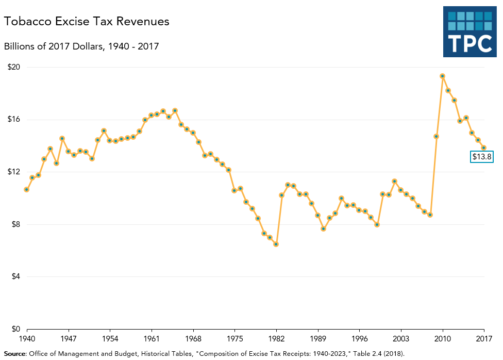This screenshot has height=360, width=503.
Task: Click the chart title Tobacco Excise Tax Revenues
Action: (87, 22)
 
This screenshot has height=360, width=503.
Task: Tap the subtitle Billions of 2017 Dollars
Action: (81, 46)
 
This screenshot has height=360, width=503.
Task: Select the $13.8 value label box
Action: (482, 157)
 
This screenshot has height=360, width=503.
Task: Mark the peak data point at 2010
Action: (443, 76)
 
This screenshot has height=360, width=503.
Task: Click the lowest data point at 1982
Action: (276, 244)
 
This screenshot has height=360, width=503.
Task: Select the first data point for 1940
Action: (26, 189)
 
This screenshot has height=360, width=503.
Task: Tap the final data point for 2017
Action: (484, 148)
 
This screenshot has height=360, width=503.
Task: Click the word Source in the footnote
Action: (15, 353)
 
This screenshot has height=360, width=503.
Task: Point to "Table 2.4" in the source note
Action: (356, 353)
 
